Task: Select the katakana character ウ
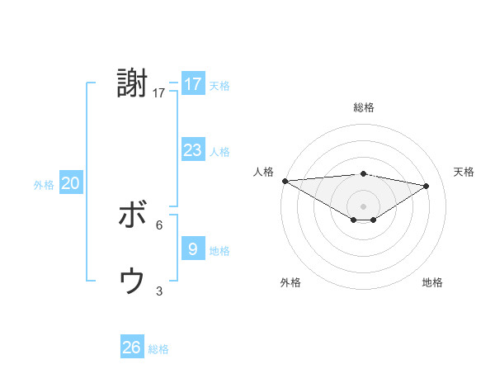132,282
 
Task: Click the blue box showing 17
192,84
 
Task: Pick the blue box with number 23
192,150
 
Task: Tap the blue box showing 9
192,248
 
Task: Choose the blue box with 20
70,183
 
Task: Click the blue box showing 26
131,348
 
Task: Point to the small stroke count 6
159,225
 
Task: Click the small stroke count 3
159,291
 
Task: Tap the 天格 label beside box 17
219,86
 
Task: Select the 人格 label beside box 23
219,152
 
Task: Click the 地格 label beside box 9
219,251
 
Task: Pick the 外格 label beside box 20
44,186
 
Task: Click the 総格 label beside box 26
158,349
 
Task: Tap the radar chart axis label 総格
363,107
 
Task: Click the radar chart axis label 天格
464,172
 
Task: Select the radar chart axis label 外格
290,282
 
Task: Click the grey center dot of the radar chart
363,205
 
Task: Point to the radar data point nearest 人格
285,180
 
